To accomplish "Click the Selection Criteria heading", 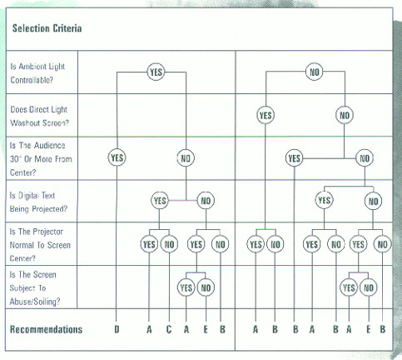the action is tap(47, 28).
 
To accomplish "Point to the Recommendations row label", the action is tap(46, 329).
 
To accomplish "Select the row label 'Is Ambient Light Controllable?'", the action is tap(37, 73).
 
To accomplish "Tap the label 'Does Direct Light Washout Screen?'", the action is tap(39, 116).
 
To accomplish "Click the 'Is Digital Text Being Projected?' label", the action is tap(38, 202).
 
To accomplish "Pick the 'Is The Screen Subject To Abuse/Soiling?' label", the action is tap(35, 288).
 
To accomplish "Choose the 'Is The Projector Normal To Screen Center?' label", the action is tap(40, 245).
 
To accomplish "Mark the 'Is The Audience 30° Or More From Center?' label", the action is tap(41, 159).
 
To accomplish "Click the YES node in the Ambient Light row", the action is tap(156, 72).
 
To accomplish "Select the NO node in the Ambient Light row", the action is tap(315, 72).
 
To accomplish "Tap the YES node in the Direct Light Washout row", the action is tap(266, 115).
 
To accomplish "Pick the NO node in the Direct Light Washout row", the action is tap(345, 115).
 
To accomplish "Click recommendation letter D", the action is tap(117, 329).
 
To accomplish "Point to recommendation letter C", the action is tap(169, 329).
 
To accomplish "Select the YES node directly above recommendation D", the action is tap(117, 157).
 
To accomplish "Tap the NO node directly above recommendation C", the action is tap(169, 244).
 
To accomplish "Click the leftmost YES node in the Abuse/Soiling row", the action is tap(186, 287).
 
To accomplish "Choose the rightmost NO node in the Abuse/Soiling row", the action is tap(369, 287).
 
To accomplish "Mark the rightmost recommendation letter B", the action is tap(383, 329).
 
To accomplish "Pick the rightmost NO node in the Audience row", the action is tap(365, 158).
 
